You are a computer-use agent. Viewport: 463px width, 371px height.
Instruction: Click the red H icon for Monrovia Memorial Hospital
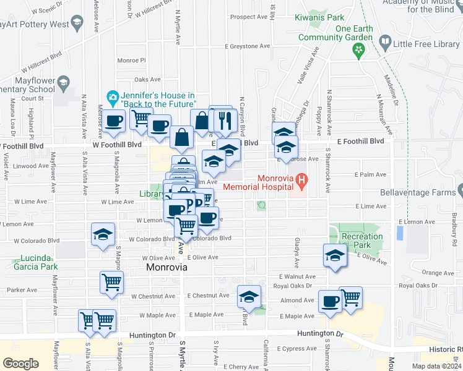(x=302, y=181)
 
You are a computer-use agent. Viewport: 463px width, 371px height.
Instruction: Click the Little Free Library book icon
(x=385, y=43)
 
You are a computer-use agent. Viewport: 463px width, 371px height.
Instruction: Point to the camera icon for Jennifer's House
(x=113, y=97)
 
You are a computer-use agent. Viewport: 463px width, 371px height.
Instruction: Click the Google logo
(x=20, y=363)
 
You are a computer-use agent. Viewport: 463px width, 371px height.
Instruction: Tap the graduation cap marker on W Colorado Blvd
(x=103, y=234)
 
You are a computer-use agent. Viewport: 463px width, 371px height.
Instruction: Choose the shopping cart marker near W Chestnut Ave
(x=112, y=282)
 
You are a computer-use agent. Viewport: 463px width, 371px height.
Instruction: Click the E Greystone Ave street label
(x=248, y=46)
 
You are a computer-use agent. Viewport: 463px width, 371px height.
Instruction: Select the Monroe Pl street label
(x=131, y=61)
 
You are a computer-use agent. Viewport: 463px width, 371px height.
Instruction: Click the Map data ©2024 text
(x=436, y=366)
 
